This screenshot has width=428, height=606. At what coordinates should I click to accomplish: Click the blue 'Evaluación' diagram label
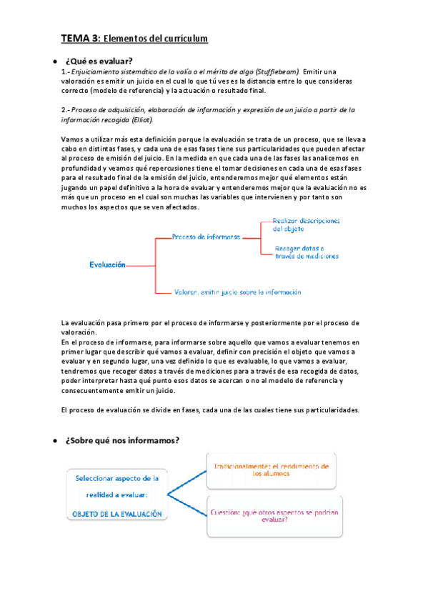coord(108,264)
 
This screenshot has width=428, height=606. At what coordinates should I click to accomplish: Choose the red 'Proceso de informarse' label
coord(206,237)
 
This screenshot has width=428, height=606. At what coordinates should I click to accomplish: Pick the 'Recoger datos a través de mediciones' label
coord(307,252)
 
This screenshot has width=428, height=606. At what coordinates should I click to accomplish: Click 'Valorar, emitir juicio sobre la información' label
coord(237,292)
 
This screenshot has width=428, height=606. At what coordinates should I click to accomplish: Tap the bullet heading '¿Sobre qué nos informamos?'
coord(122,440)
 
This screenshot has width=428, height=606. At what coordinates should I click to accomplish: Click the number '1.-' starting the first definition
coord(66,72)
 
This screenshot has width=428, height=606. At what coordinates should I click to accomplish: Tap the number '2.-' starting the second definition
coord(66,110)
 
